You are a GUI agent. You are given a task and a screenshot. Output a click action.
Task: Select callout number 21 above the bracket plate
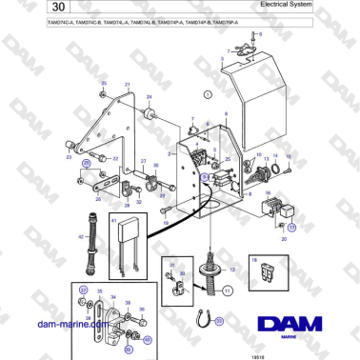pyautogui.click(x=128, y=85)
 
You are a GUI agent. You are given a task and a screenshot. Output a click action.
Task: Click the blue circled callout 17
pyautogui.click(x=293, y=228)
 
